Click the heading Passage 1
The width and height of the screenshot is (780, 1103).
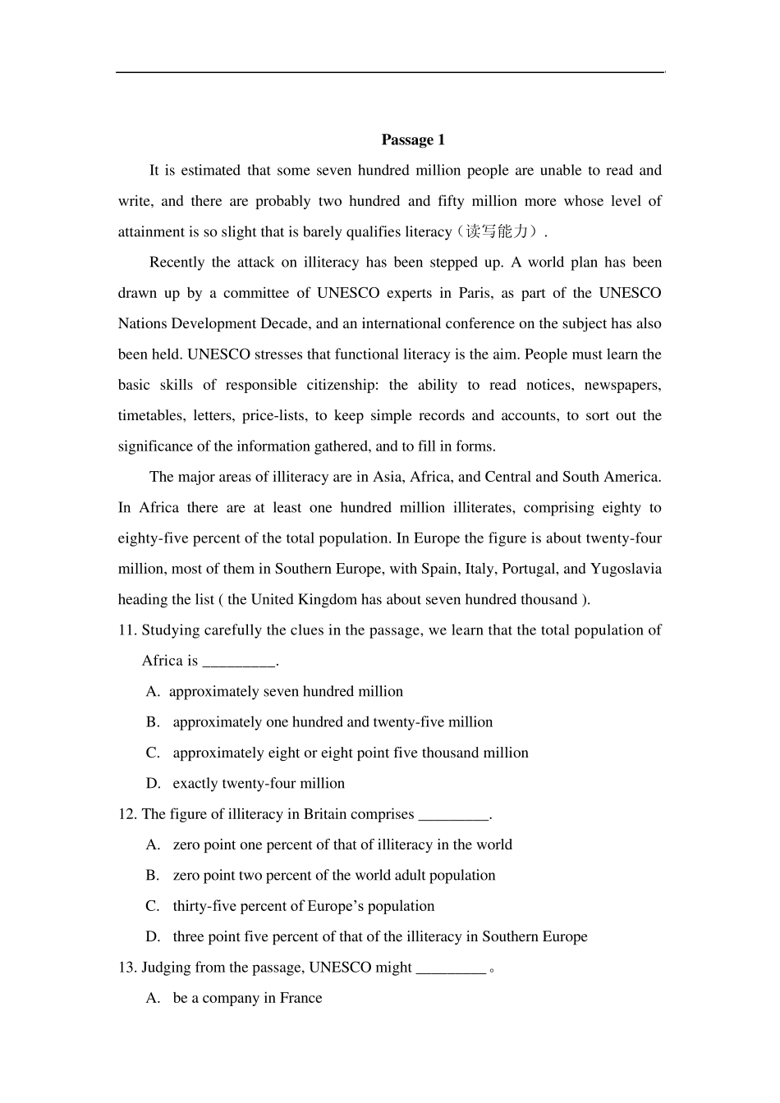(413, 140)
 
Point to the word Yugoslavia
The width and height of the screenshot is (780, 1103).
(627, 569)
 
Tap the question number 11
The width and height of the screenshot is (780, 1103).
(126, 630)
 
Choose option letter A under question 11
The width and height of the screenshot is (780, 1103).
(153, 692)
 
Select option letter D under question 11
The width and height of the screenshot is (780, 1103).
(153, 784)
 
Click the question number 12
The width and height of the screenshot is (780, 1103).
(126, 814)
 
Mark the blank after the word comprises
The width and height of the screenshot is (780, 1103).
(453, 815)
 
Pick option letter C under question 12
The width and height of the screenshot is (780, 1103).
(153, 906)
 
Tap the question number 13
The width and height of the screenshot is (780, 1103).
(126, 968)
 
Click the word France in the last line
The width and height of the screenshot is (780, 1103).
(301, 998)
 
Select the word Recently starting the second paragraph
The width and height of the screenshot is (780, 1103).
(177, 263)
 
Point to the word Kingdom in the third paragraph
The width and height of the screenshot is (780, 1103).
(327, 599)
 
